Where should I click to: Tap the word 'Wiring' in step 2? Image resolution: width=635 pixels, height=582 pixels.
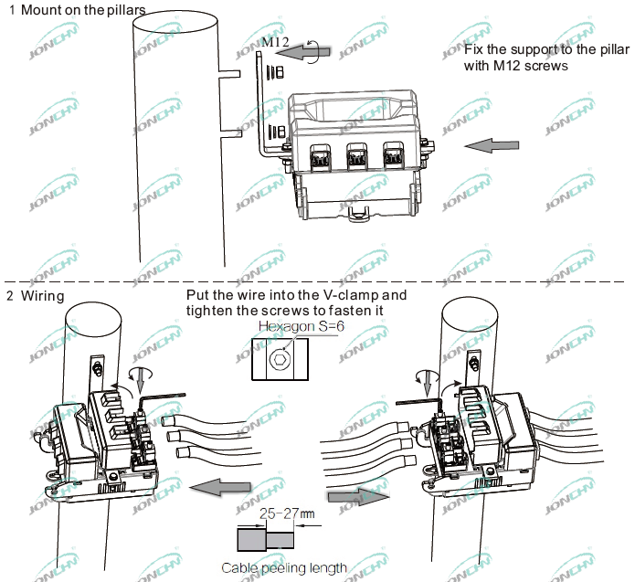43,296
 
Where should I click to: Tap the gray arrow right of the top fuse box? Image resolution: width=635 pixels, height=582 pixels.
492,146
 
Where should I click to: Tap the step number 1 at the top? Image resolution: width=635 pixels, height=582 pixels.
11,11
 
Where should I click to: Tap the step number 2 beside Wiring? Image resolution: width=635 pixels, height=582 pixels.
11,296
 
